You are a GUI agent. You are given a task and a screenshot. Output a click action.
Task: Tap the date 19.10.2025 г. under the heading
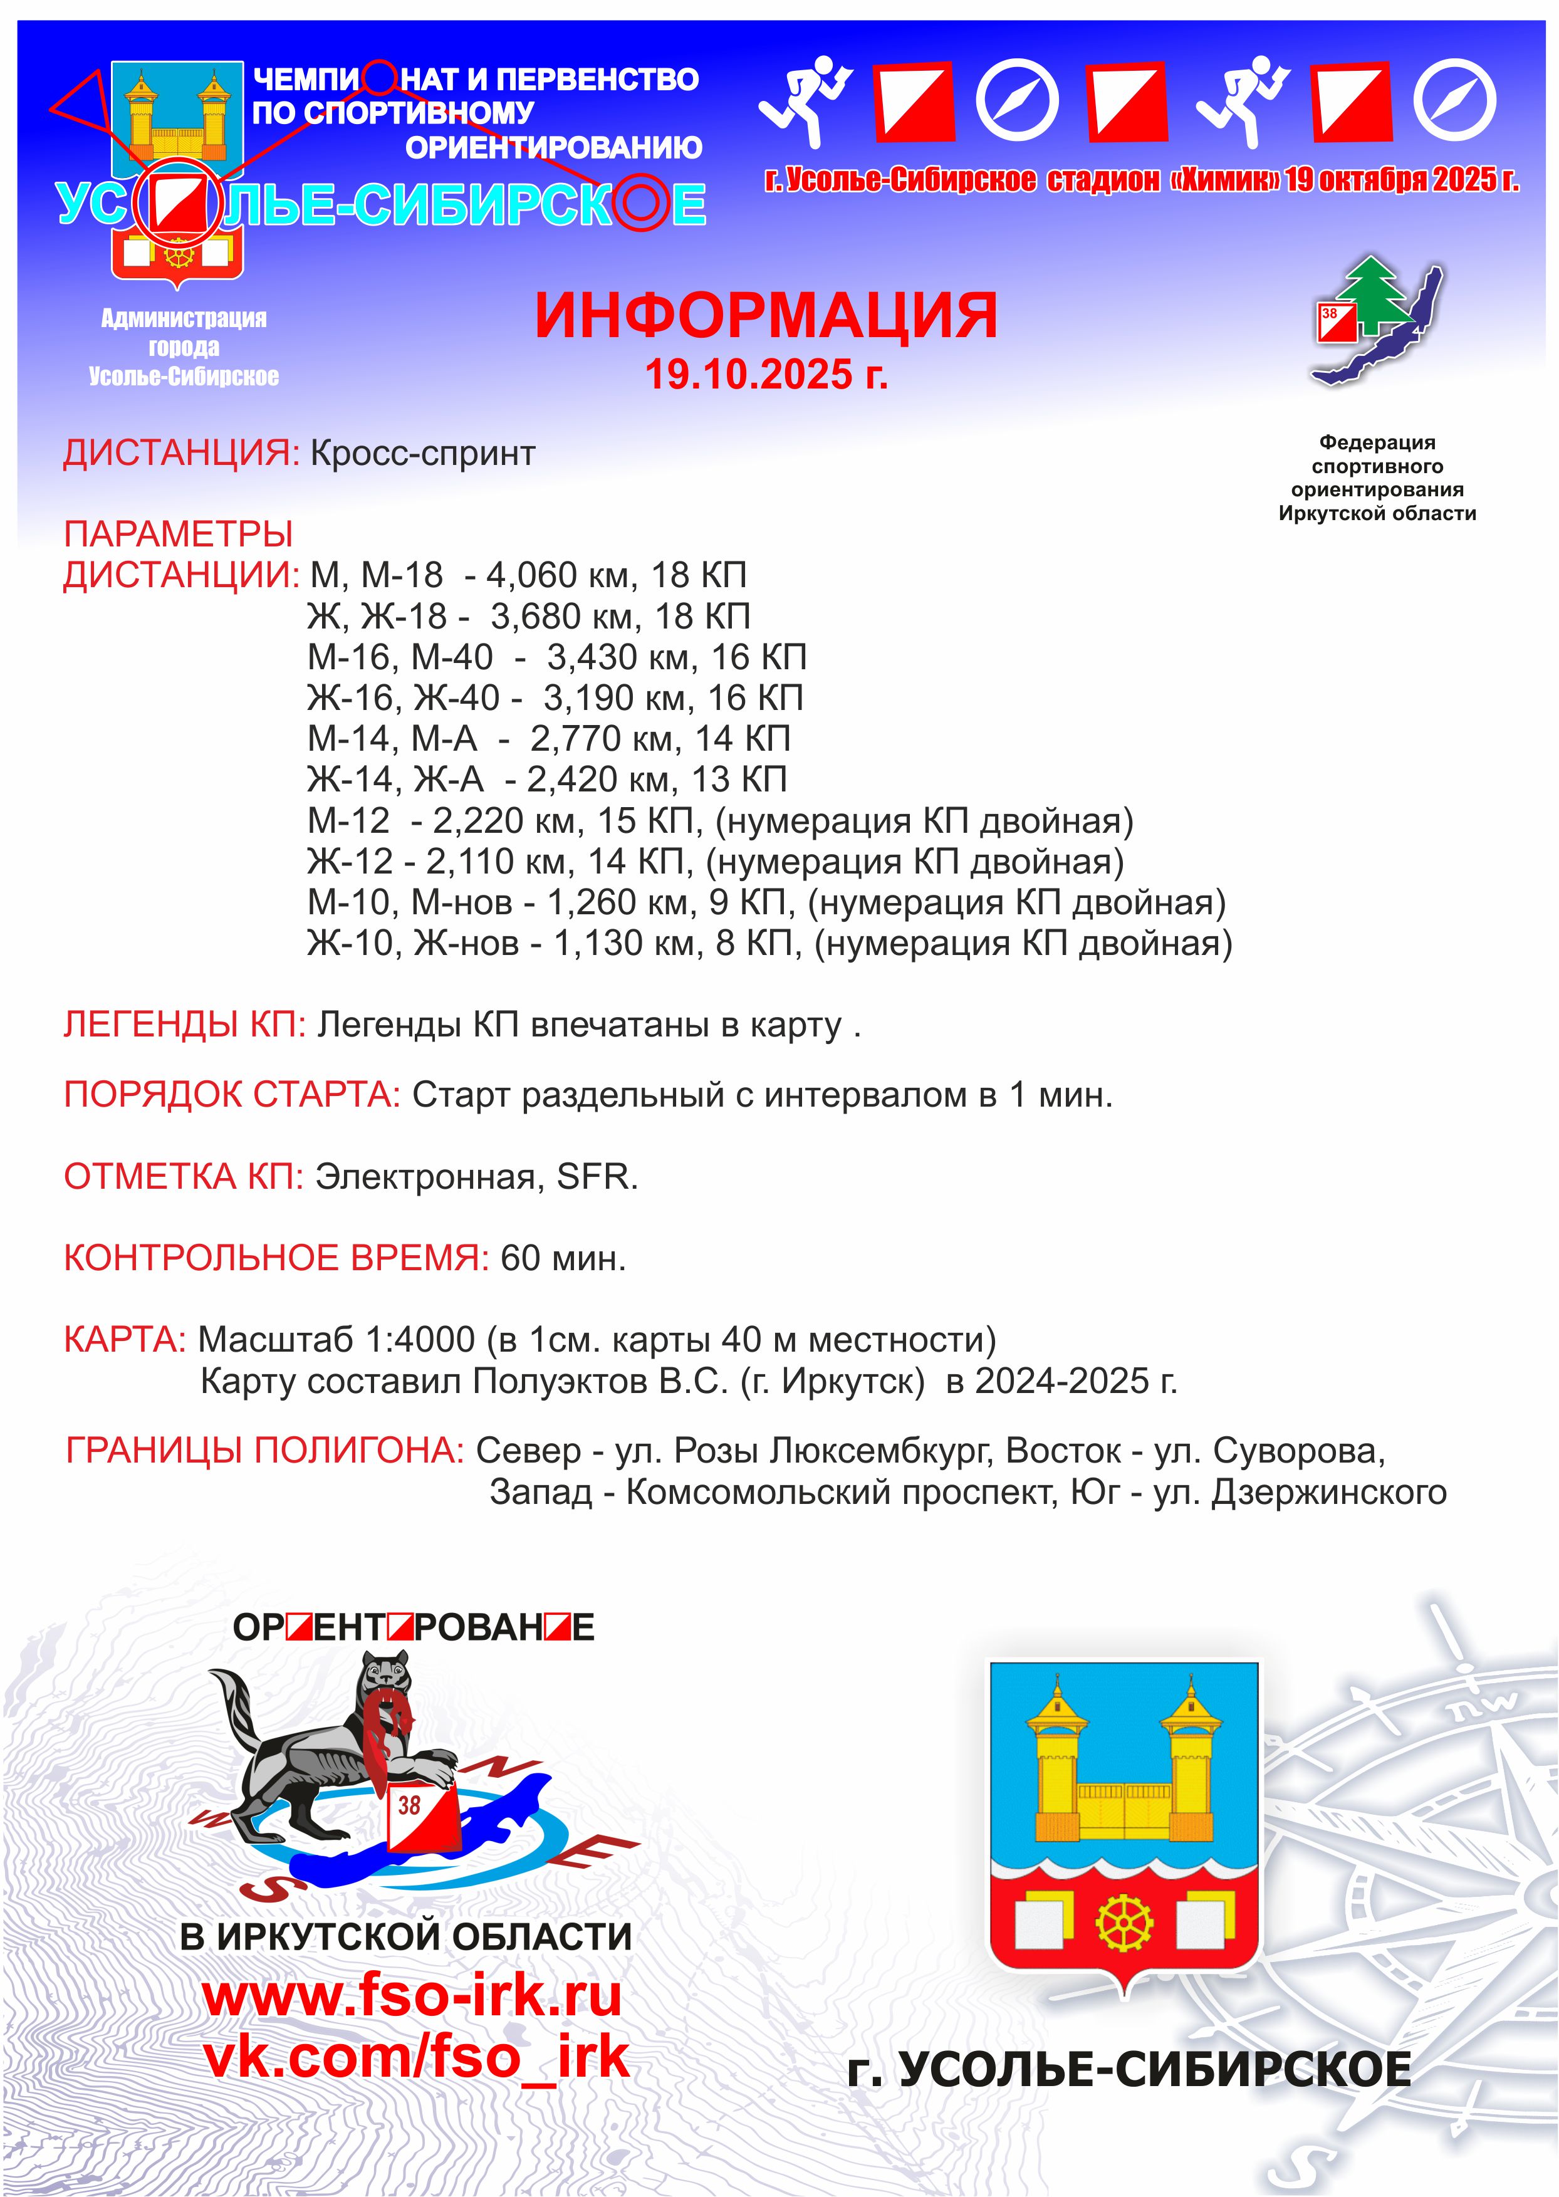coord(765,374)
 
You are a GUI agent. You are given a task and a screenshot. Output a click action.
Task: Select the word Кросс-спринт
coord(422,453)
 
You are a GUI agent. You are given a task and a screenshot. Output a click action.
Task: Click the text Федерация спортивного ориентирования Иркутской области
coord(1377,478)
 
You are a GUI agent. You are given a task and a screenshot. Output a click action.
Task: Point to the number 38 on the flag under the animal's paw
coord(410,1805)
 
